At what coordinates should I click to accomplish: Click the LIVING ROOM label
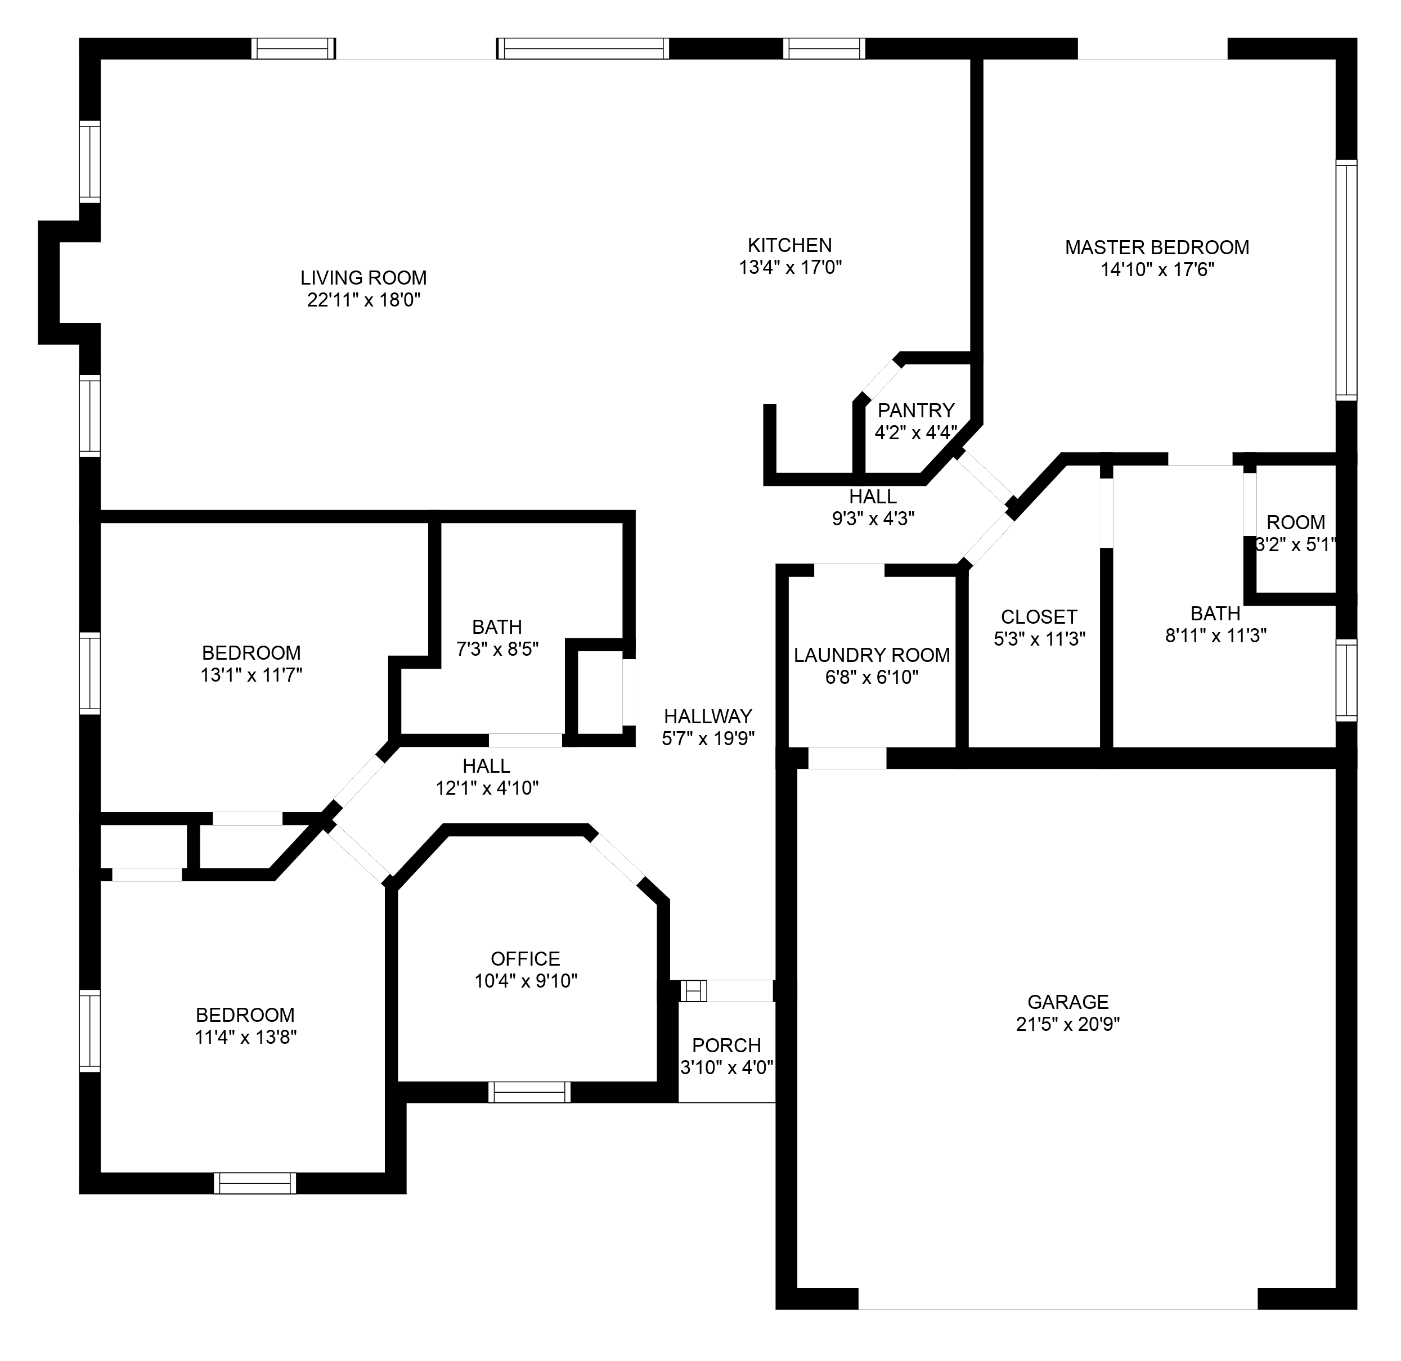(363, 277)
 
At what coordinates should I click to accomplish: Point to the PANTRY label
(915, 411)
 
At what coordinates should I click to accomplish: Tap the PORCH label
(726, 1045)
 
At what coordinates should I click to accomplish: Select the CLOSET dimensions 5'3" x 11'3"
(1039, 639)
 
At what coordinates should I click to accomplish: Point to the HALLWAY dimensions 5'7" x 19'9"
(708, 738)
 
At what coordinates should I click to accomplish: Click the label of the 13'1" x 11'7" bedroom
(251, 652)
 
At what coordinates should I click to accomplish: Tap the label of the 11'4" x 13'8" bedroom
(245, 1015)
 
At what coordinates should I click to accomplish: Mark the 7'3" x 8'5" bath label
(497, 627)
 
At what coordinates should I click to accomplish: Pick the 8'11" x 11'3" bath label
(1215, 614)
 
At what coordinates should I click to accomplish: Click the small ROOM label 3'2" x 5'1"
(1295, 522)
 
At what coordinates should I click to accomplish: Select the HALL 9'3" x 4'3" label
(873, 496)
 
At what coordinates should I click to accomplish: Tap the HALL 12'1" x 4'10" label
(486, 767)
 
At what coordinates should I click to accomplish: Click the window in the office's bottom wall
(529, 1092)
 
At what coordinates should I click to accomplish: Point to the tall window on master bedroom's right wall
(1345, 280)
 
